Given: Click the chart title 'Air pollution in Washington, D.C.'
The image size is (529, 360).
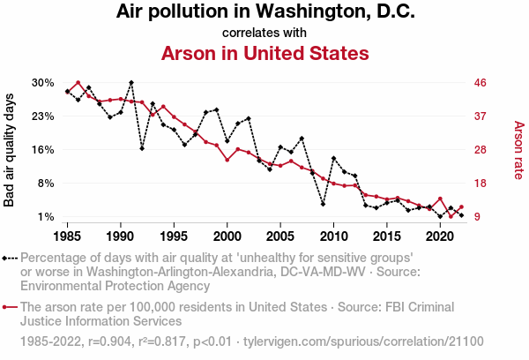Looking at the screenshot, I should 264,12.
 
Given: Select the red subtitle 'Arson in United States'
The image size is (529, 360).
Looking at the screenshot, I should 264,53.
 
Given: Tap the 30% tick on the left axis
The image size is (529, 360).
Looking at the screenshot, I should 43,83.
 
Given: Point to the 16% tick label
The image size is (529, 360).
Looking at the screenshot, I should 43,150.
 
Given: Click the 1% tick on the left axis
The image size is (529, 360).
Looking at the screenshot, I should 46,217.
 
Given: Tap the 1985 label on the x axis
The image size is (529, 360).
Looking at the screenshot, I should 68,236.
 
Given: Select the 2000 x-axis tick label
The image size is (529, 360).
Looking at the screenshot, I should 227,236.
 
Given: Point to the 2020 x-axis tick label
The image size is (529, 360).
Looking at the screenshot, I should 439,236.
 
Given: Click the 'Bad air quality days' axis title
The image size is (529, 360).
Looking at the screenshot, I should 11,150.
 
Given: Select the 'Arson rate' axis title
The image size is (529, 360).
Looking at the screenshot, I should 518,150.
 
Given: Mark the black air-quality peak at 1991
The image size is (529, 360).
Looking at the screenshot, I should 131,83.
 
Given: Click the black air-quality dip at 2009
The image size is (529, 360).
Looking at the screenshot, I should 323,204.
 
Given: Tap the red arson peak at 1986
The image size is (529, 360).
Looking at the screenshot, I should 78,83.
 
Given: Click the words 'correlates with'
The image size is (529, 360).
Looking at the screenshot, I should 264,33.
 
